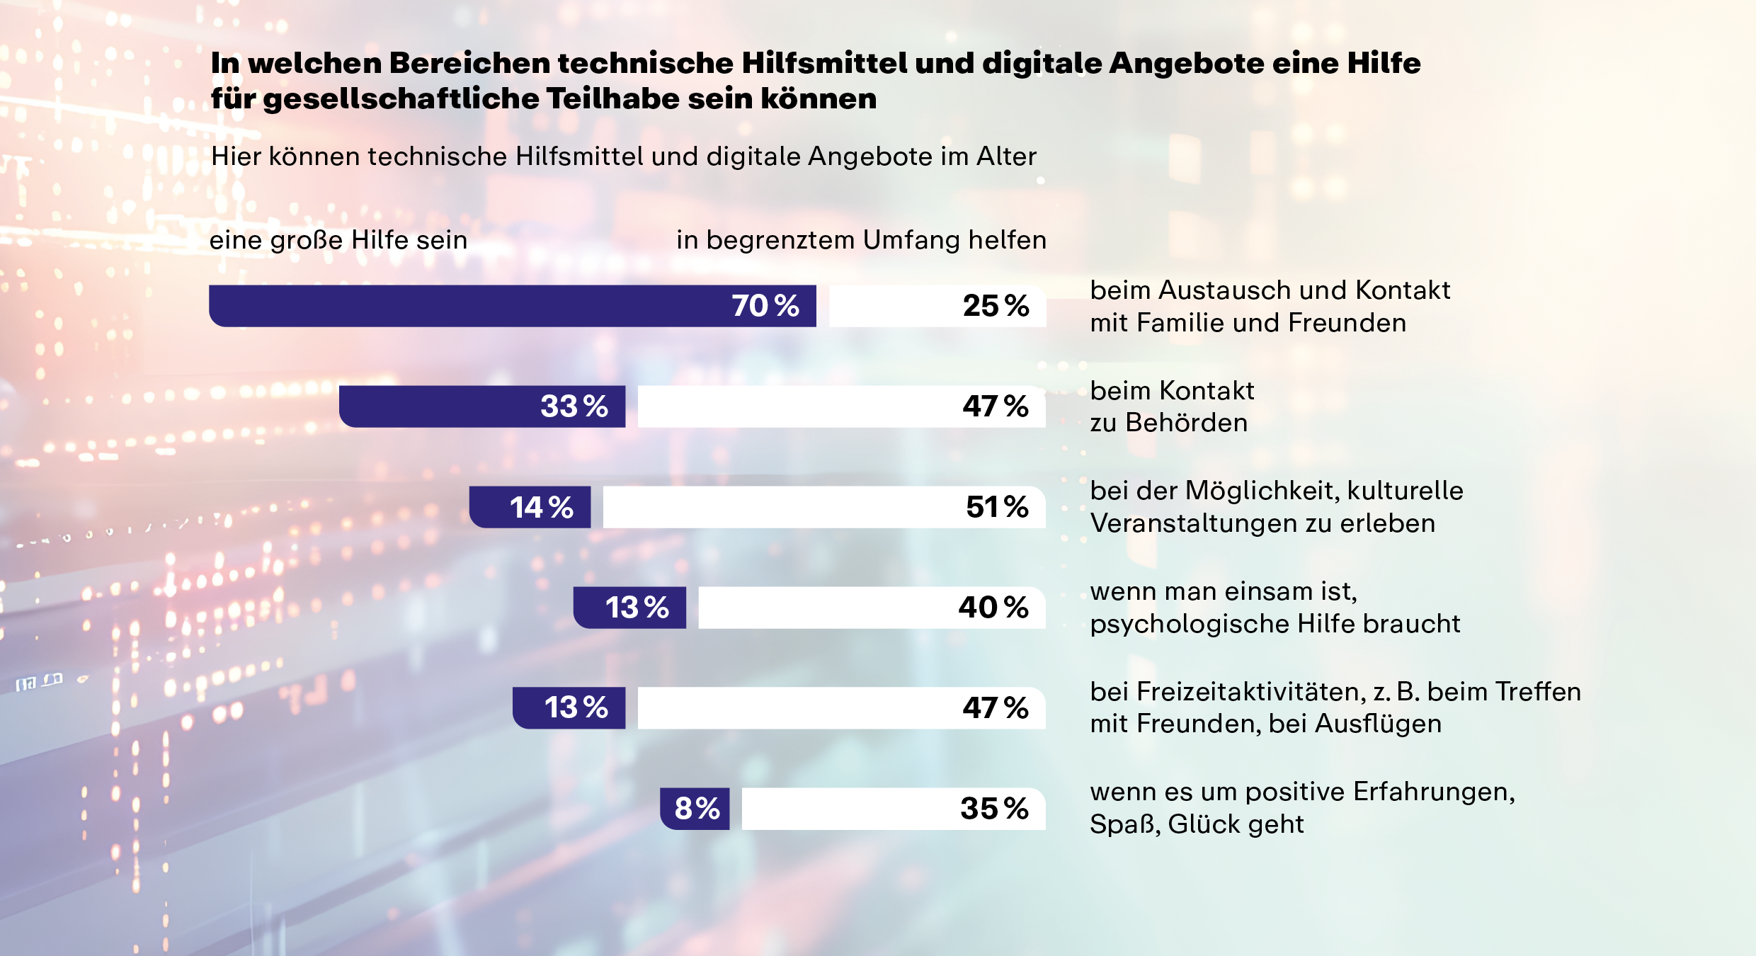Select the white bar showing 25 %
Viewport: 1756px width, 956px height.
coord(937,306)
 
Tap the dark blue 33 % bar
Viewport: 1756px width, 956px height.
coord(481,406)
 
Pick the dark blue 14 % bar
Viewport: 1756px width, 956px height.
coord(530,507)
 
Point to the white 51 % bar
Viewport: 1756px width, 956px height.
coord(823,507)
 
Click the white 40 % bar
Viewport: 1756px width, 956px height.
coord(872,608)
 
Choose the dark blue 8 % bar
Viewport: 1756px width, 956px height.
coord(695,809)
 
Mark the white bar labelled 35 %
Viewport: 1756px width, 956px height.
coord(893,809)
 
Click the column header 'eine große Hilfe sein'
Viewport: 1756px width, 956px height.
coord(338,241)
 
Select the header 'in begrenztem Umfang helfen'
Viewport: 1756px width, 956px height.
coord(861,241)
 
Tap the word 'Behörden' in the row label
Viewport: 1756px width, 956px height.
coord(1187,423)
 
